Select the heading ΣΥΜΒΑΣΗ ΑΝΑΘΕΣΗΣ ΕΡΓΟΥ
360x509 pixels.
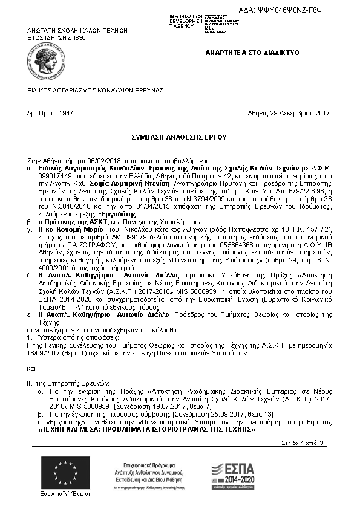point(179,138)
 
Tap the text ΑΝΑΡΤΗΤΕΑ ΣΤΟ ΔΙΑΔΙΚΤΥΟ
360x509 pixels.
point(252,53)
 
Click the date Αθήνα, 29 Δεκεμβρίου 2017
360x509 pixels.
point(289,113)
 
